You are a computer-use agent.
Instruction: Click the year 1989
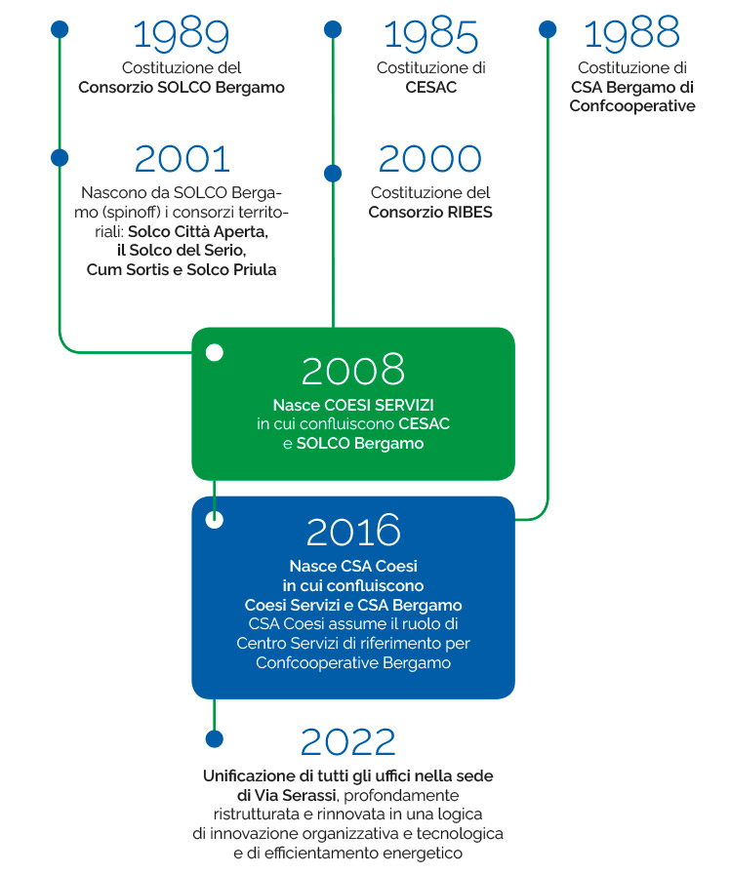pos(182,36)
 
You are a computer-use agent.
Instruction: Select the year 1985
pos(430,36)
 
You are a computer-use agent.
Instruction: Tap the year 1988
pos(631,33)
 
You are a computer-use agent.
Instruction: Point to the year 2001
pos(183,159)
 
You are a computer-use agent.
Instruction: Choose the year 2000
pos(430,159)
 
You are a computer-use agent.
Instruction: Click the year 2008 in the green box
pos(353,370)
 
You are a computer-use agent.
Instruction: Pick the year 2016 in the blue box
pos(353,531)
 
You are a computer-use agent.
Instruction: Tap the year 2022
pos(347,741)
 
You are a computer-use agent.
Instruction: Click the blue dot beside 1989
pos(60,29)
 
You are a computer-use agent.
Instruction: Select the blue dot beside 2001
pos(60,158)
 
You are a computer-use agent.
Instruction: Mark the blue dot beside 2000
pos(333,174)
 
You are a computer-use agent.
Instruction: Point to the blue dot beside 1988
pos(548,29)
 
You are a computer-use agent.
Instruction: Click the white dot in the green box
pos(215,352)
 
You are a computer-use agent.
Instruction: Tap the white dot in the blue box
pos(215,520)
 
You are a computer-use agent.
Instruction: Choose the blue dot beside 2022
pos(215,738)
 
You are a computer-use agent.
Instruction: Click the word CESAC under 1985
pos(430,88)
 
